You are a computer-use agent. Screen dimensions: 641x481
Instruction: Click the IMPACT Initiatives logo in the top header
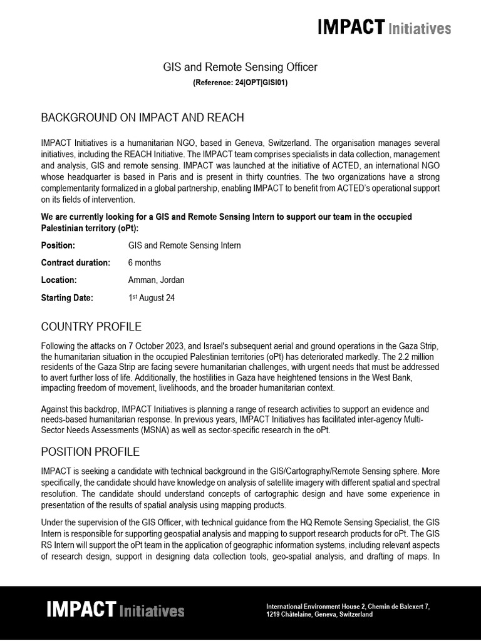click(x=384, y=28)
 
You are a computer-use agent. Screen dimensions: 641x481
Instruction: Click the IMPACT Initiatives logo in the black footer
click(x=115, y=610)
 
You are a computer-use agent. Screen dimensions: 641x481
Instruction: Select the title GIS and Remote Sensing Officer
click(x=240, y=66)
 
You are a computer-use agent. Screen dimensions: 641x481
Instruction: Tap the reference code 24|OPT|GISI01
click(x=240, y=82)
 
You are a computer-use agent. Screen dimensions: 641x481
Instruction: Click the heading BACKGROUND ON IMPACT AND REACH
click(x=142, y=118)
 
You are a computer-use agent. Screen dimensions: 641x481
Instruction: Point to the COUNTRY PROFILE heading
click(x=91, y=327)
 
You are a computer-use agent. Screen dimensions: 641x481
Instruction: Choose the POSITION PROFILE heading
click(x=90, y=451)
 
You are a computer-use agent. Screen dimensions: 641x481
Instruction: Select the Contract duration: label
click(x=75, y=263)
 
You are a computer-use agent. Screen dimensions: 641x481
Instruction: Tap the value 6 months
click(x=144, y=263)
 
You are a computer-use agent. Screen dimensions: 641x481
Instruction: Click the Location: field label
click(x=59, y=280)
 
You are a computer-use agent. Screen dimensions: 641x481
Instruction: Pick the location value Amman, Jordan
click(x=156, y=280)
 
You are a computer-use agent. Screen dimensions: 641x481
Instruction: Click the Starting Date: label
click(x=67, y=298)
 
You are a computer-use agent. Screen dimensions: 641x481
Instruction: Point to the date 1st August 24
click(x=151, y=298)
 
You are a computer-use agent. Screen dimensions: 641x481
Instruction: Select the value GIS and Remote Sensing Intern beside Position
click(x=184, y=245)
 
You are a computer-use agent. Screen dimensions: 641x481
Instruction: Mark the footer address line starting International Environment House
click(x=348, y=607)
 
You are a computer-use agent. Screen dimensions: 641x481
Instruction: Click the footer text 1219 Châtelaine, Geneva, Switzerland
click(x=319, y=615)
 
